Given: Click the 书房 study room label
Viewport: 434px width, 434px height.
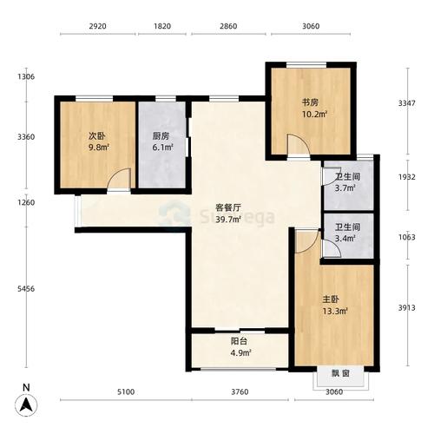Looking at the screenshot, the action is click(310, 102).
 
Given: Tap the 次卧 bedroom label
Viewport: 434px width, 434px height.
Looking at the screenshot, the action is click(97, 135).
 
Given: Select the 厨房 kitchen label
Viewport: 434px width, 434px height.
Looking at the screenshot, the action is click(161, 135).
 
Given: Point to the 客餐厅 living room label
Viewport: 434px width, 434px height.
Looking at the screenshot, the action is click(228, 207).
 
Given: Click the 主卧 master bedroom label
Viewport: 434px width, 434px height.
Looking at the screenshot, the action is click(331, 299).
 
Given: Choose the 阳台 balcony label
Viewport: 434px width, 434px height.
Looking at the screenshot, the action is click(239, 341).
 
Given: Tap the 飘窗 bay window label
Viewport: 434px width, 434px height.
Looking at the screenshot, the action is click(340, 373).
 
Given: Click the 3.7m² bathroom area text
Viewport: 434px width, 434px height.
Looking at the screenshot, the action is click(345, 188).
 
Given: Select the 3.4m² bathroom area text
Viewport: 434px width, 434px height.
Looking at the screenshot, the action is click(345, 239).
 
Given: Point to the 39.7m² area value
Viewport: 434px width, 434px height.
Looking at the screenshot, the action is click(228, 220).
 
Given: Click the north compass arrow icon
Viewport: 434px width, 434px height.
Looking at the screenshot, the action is click(26, 404).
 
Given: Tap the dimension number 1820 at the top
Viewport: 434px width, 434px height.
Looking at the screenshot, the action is click(162, 26).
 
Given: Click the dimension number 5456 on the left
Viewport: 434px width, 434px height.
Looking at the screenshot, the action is click(26, 289).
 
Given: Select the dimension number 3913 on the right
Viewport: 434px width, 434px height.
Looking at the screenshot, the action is click(407, 308).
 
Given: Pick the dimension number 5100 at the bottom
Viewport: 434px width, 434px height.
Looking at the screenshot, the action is click(126, 392).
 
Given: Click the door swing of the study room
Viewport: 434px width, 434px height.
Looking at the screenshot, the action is click(299, 144).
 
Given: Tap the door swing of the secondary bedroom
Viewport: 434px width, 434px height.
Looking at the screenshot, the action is click(119, 178).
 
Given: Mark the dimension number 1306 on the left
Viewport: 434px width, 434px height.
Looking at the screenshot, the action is click(26, 76).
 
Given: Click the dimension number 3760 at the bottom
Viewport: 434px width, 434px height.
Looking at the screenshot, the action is click(240, 392).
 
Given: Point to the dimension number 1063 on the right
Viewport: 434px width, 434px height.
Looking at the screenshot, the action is click(407, 237).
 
